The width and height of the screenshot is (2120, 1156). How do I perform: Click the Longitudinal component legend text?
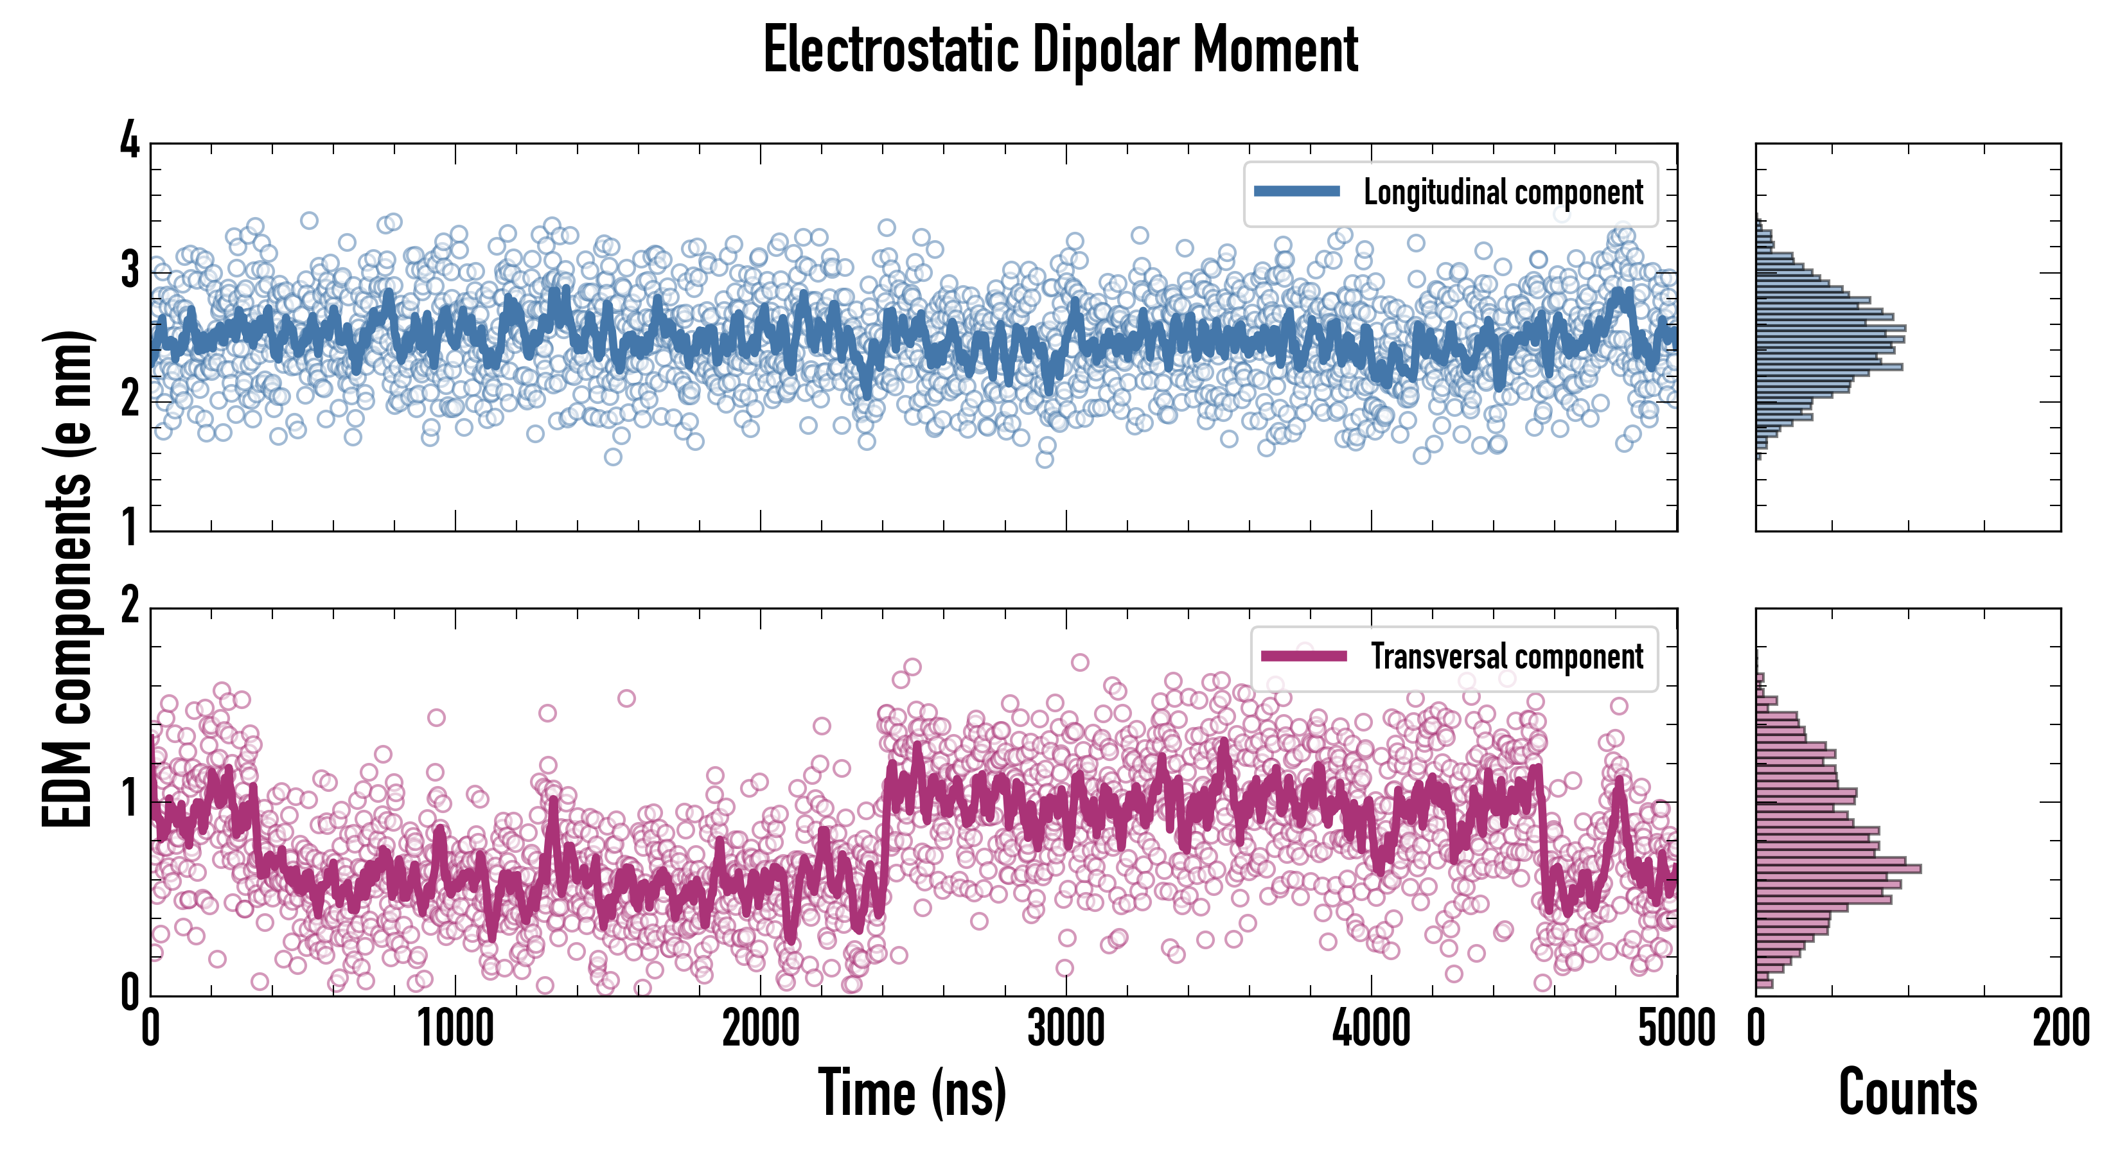1503,193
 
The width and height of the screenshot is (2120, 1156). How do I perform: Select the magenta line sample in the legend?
1303,656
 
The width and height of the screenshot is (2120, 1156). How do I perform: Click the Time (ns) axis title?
912,1092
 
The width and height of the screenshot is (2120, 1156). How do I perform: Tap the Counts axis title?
1907,1092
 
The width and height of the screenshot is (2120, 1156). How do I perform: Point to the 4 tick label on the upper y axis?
130,140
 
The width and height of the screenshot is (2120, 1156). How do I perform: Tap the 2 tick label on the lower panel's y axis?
130,606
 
